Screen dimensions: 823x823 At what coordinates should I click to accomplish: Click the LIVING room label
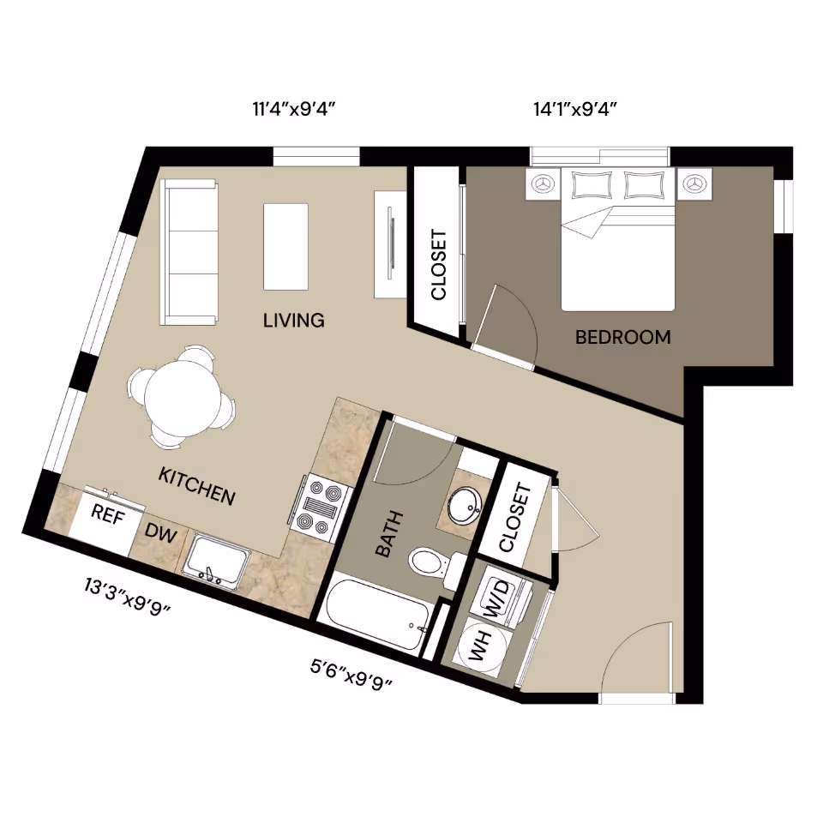tap(293, 321)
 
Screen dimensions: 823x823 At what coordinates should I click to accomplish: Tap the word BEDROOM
tap(622, 337)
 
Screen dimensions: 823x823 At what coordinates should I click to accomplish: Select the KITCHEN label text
tap(196, 485)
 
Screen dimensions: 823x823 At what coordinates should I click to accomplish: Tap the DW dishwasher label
tap(160, 534)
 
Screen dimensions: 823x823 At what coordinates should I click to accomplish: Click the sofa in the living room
tap(190, 253)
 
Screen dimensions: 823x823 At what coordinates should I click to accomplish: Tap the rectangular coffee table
tap(285, 247)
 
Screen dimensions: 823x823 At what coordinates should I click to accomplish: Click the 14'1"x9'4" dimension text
tap(575, 109)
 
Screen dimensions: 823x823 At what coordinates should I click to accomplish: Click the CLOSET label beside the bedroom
tap(438, 252)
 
